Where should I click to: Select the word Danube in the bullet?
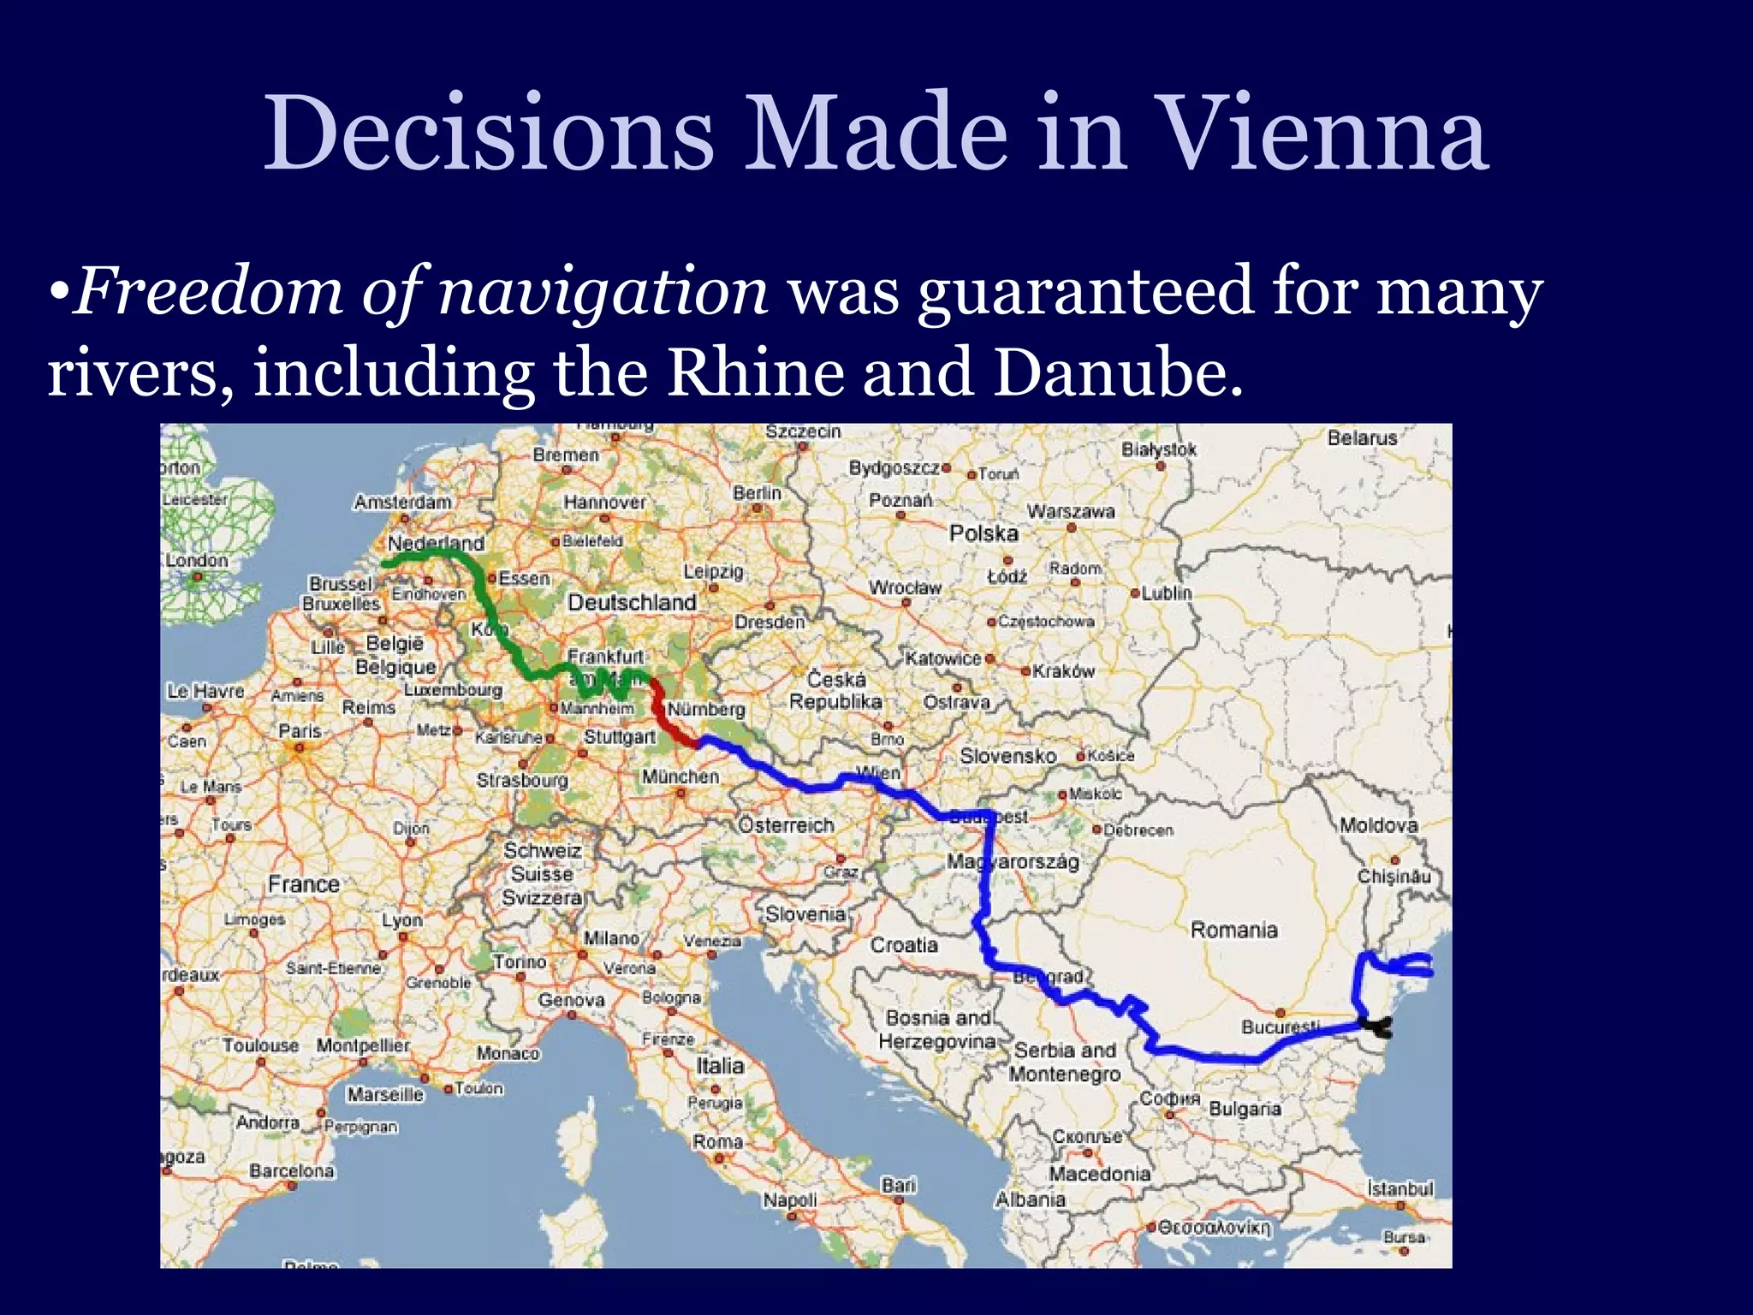point(1117,373)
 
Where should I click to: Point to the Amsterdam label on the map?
point(403,502)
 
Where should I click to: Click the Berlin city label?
point(757,493)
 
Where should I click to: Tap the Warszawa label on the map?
point(1071,511)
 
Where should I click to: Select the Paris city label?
point(300,731)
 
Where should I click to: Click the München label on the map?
point(680,777)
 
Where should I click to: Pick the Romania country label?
point(1233,930)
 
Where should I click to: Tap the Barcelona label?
point(291,1170)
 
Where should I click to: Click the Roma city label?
point(717,1141)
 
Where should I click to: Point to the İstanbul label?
point(1399,1188)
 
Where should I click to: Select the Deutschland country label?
point(632,603)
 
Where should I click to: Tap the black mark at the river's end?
point(1377,1026)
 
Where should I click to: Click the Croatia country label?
point(904,944)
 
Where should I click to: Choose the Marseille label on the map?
point(385,1094)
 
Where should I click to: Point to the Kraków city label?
point(1063,671)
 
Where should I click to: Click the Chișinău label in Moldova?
point(1393,876)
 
